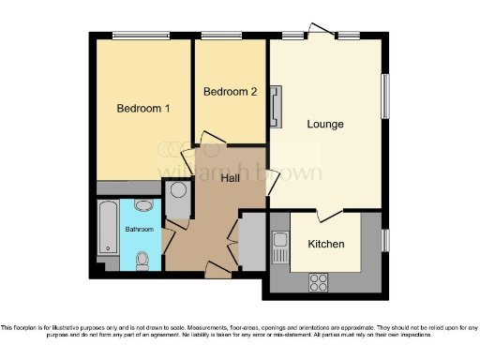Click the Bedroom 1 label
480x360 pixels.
[142, 109]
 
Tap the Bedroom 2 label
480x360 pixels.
[230, 92]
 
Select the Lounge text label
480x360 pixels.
[325, 124]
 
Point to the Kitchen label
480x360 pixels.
[325, 244]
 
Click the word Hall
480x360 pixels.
[231, 179]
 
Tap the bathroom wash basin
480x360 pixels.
[143, 205]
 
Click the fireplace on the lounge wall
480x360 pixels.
[275, 106]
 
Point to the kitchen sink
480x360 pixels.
[279, 245]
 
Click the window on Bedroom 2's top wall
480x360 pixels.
[222, 37]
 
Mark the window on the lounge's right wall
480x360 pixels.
[384, 96]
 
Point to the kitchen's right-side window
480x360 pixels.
[384, 240]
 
